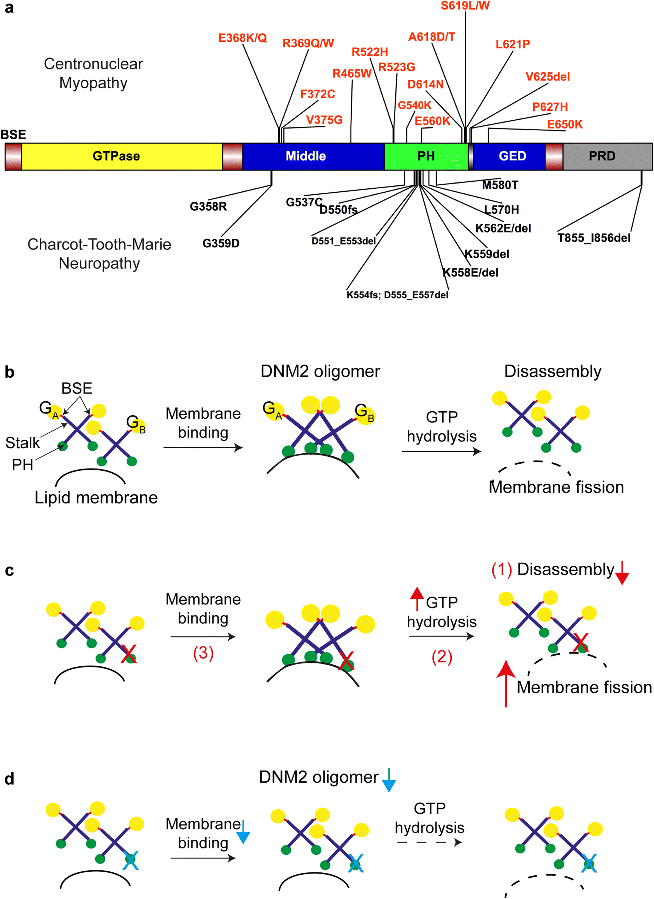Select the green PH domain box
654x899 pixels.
point(426,156)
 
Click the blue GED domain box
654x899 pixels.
point(510,156)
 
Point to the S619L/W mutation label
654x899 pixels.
point(465,6)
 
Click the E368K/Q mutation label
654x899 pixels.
point(242,38)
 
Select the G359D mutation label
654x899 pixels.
point(221,243)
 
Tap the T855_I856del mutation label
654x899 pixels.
point(594,238)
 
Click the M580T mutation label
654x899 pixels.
point(500,185)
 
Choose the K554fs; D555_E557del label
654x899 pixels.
point(397,295)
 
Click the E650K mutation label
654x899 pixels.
point(564,124)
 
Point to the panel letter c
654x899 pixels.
point(9,571)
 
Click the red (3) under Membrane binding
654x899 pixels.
point(203,653)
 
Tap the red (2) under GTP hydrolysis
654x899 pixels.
point(441,657)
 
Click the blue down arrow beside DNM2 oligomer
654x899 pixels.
point(389,781)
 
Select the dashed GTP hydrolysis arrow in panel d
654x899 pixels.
point(429,842)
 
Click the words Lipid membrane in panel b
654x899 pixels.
point(96,497)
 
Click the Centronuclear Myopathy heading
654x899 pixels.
point(93,73)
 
